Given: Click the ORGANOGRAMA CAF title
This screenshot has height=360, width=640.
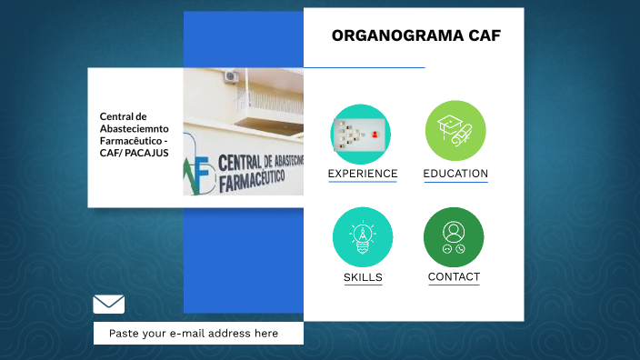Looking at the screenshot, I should click(415, 36).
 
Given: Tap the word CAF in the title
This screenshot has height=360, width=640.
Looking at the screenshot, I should click(484, 36).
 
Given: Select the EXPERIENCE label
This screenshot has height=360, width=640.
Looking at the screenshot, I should click(362, 174).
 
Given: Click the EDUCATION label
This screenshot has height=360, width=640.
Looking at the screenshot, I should click(455, 174).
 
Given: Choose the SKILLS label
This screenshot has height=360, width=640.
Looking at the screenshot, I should click(363, 277).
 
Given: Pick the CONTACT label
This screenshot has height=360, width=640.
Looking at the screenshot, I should click(454, 276).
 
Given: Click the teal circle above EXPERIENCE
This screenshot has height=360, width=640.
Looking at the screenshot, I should click(361, 134).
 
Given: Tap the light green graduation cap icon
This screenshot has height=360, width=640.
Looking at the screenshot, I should click(455, 131).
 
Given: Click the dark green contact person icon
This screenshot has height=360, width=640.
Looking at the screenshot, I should click(454, 236).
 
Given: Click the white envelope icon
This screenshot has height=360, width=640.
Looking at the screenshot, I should click(108, 304).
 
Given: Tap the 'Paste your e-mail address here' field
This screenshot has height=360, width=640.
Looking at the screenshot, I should click(198, 334).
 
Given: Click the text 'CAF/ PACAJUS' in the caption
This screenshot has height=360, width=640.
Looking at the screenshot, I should click(134, 153).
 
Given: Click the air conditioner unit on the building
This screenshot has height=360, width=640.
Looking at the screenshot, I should click(231, 76).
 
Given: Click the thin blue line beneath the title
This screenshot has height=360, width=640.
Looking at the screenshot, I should click(364, 67).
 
